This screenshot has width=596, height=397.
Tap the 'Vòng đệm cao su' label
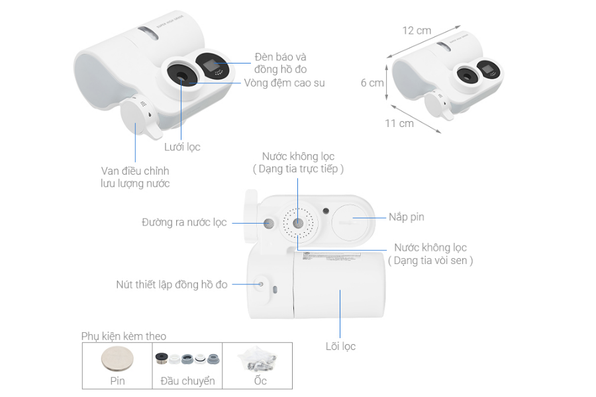pos(284,83)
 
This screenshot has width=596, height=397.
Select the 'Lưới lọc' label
pos(181,147)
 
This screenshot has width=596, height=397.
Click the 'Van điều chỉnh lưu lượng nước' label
pos(130,177)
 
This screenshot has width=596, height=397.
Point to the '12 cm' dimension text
pos(417,30)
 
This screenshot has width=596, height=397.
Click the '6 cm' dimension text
pos(372,83)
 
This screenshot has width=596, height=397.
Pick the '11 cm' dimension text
pos(399,123)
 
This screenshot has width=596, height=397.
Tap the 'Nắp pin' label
pos(406,217)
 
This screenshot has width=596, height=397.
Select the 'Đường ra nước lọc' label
pos(184,222)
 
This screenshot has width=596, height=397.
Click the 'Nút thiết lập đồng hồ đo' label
pos(172,285)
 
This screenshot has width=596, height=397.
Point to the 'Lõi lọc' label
pos(340,345)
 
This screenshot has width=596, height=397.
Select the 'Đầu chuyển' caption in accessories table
pos(187,381)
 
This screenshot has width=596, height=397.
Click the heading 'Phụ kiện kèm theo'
pos(124,335)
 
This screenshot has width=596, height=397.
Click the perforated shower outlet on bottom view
pos(297,222)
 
